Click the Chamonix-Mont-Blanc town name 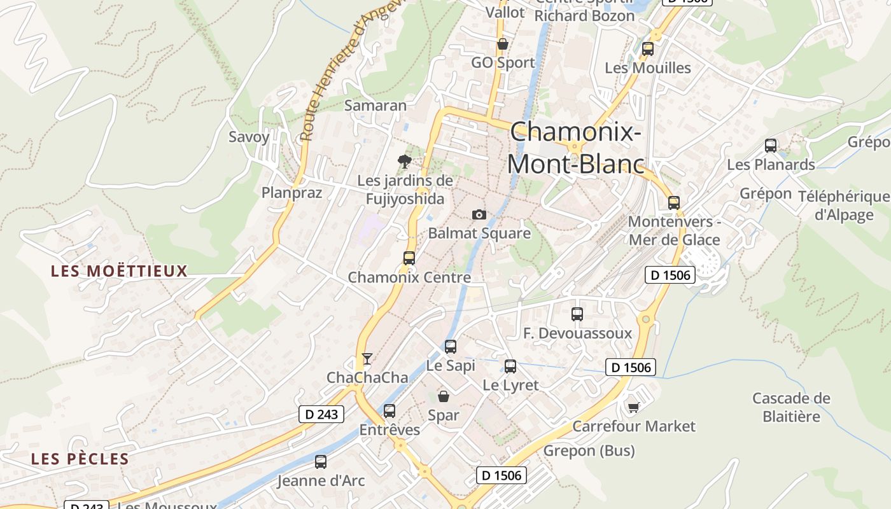575,148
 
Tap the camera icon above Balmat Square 479,215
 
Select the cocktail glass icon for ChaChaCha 367,359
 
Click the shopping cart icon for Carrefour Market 633,407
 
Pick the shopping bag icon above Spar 444,396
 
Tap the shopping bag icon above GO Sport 503,44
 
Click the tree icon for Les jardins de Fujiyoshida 404,162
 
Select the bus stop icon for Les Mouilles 648,49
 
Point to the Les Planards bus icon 771,146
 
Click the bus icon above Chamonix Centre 409,258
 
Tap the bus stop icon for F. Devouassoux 577,314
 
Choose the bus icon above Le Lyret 510,366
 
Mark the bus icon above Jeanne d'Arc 321,462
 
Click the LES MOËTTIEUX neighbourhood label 119,271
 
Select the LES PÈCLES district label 80,459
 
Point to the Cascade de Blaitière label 791,407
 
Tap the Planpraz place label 292,192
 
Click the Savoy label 249,137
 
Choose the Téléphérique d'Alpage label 844,206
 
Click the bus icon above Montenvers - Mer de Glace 674,203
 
